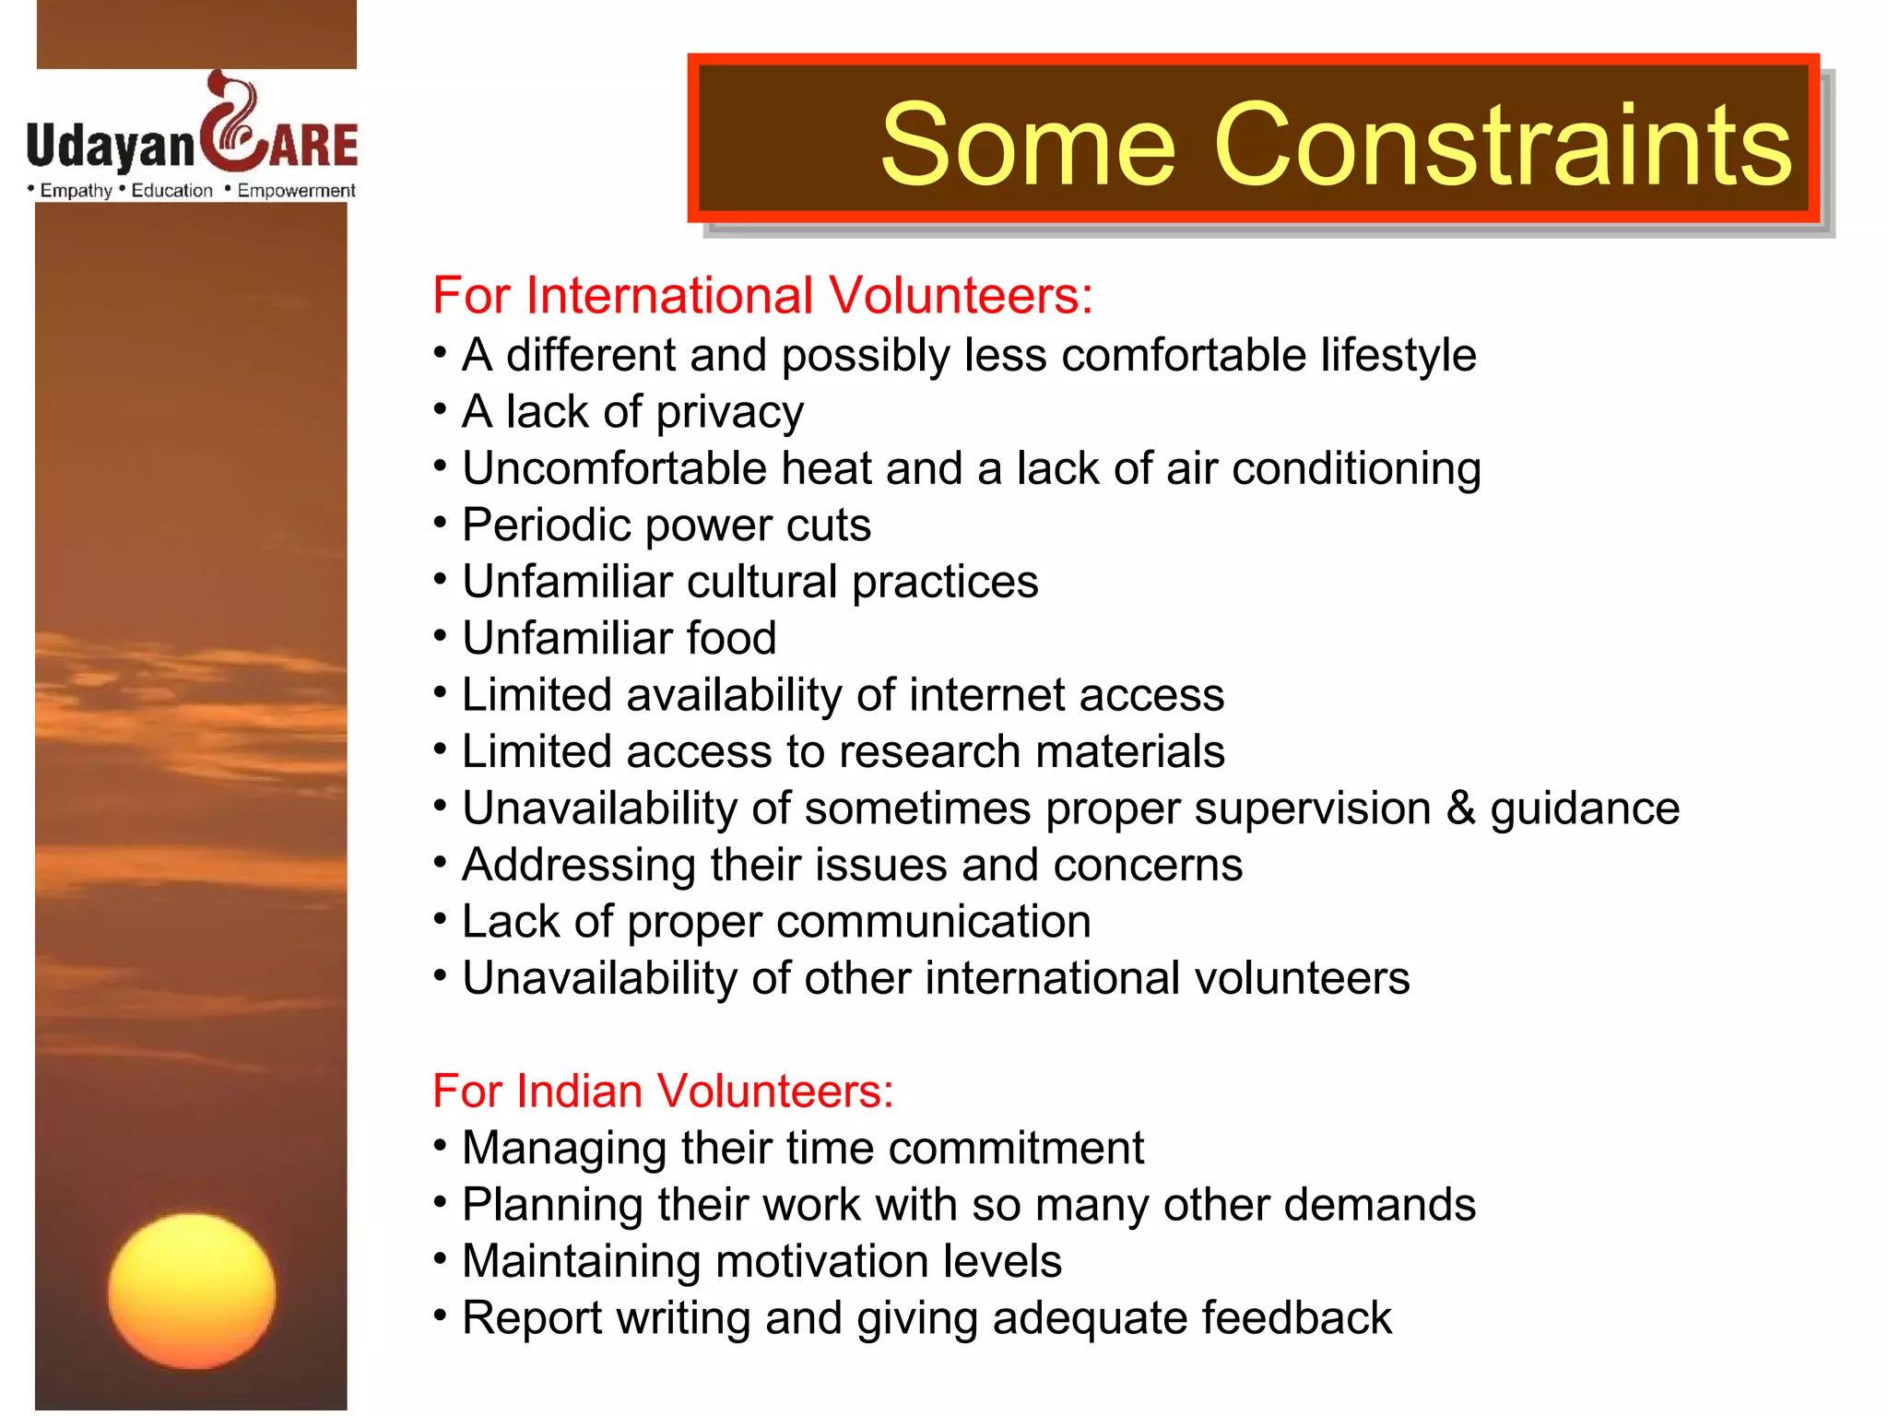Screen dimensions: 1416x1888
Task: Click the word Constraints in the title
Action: (1503, 145)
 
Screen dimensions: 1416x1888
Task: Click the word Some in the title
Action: (1028, 145)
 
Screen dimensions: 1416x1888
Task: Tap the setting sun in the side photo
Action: (192, 1291)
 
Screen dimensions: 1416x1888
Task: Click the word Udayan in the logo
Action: (111, 146)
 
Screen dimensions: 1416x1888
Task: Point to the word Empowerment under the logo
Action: (296, 191)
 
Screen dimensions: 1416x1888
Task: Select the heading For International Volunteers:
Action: (762, 296)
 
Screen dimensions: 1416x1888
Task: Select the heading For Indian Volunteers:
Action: (663, 1091)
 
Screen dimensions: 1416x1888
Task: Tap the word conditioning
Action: (1356, 469)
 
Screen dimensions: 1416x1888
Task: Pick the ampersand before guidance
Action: (1460, 808)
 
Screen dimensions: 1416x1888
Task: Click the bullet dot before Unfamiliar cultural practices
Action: (441, 579)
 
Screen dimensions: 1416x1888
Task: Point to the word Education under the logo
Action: (171, 191)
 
